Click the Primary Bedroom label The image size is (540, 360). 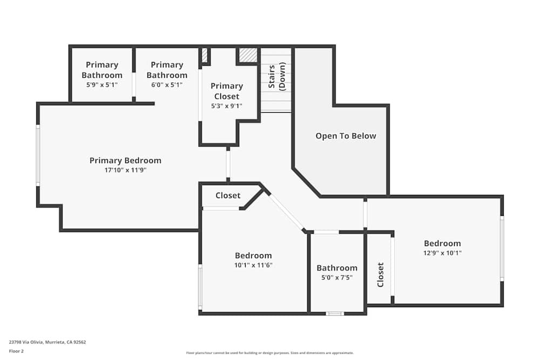125,160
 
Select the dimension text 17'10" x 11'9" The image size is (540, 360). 125,170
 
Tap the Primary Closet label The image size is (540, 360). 227,91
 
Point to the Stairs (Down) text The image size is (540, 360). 276,77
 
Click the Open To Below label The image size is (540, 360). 346,136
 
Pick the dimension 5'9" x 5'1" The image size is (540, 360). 102,85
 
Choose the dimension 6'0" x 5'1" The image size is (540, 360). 167,85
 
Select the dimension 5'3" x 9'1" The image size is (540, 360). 227,106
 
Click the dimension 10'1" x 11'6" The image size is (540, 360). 253,265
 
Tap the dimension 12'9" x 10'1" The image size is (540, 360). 442,253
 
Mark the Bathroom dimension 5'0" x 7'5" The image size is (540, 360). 337,277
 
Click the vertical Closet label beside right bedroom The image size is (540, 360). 380,274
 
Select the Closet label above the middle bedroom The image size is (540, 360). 228,195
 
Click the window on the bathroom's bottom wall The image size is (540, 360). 335,314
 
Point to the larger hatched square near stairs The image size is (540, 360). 248,55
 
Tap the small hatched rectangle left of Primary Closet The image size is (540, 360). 205,55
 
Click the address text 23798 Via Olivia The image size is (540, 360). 48,342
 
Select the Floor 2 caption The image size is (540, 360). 16,351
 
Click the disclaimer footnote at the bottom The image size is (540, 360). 269,353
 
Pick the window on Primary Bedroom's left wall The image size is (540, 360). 38,155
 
